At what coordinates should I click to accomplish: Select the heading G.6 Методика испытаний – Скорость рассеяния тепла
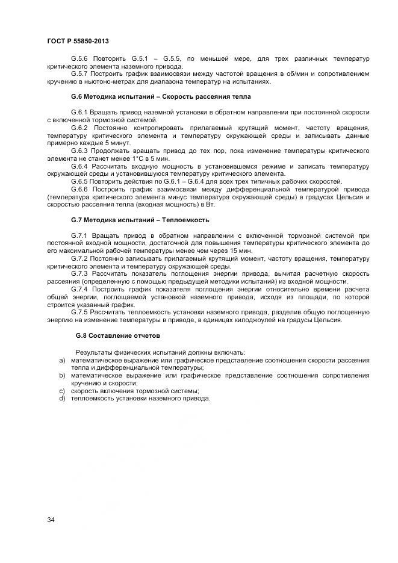click(x=161, y=96)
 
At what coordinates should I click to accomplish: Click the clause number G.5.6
click(x=81, y=59)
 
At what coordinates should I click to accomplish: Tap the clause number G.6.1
click(x=81, y=113)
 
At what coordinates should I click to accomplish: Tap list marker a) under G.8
click(x=61, y=360)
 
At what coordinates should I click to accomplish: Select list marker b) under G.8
click(x=61, y=375)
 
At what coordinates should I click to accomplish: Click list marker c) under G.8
click(x=61, y=390)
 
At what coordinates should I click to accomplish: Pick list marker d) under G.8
click(x=61, y=398)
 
